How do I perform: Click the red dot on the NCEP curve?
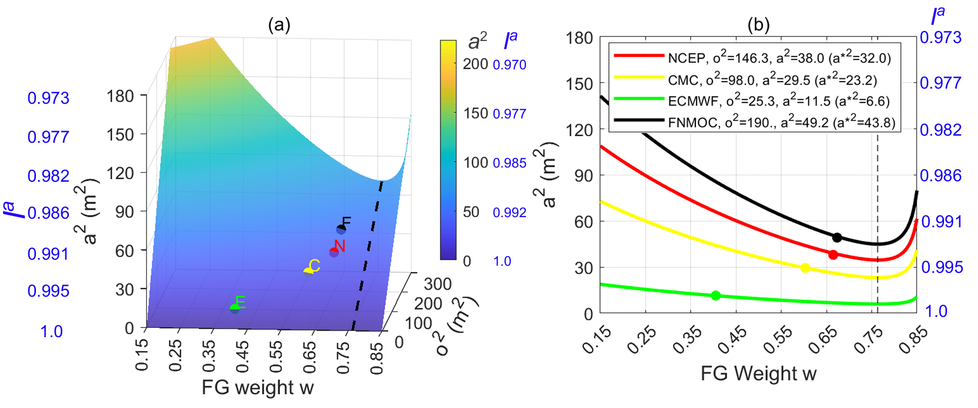click(x=833, y=255)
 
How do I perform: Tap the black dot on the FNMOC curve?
click(x=837, y=237)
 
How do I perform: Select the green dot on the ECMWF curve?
click(x=716, y=296)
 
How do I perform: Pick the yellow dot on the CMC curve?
click(x=805, y=268)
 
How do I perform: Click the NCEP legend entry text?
click(x=779, y=58)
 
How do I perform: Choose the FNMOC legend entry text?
click(x=781, y=123)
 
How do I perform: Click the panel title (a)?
click(x=279, y=24)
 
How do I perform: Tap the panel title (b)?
click(x=758, y=24)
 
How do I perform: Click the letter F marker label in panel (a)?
click(x=347, y=222)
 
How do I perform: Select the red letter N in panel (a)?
click(x=340, y=246)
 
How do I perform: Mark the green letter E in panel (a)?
click(x=240, y=302)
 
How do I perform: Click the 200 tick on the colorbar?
click(x=475, y=64)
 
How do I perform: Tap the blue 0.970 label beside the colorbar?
click(x=510, y=65)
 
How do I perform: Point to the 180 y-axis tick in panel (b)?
click(x=579, y=38)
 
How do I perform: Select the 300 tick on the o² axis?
click(x=437, y=284)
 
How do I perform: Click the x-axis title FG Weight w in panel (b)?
click(x=759, y=374)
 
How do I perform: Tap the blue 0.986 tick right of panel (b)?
click(x=941, y=176)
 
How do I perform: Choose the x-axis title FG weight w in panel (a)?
click(x=257, y=388)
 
